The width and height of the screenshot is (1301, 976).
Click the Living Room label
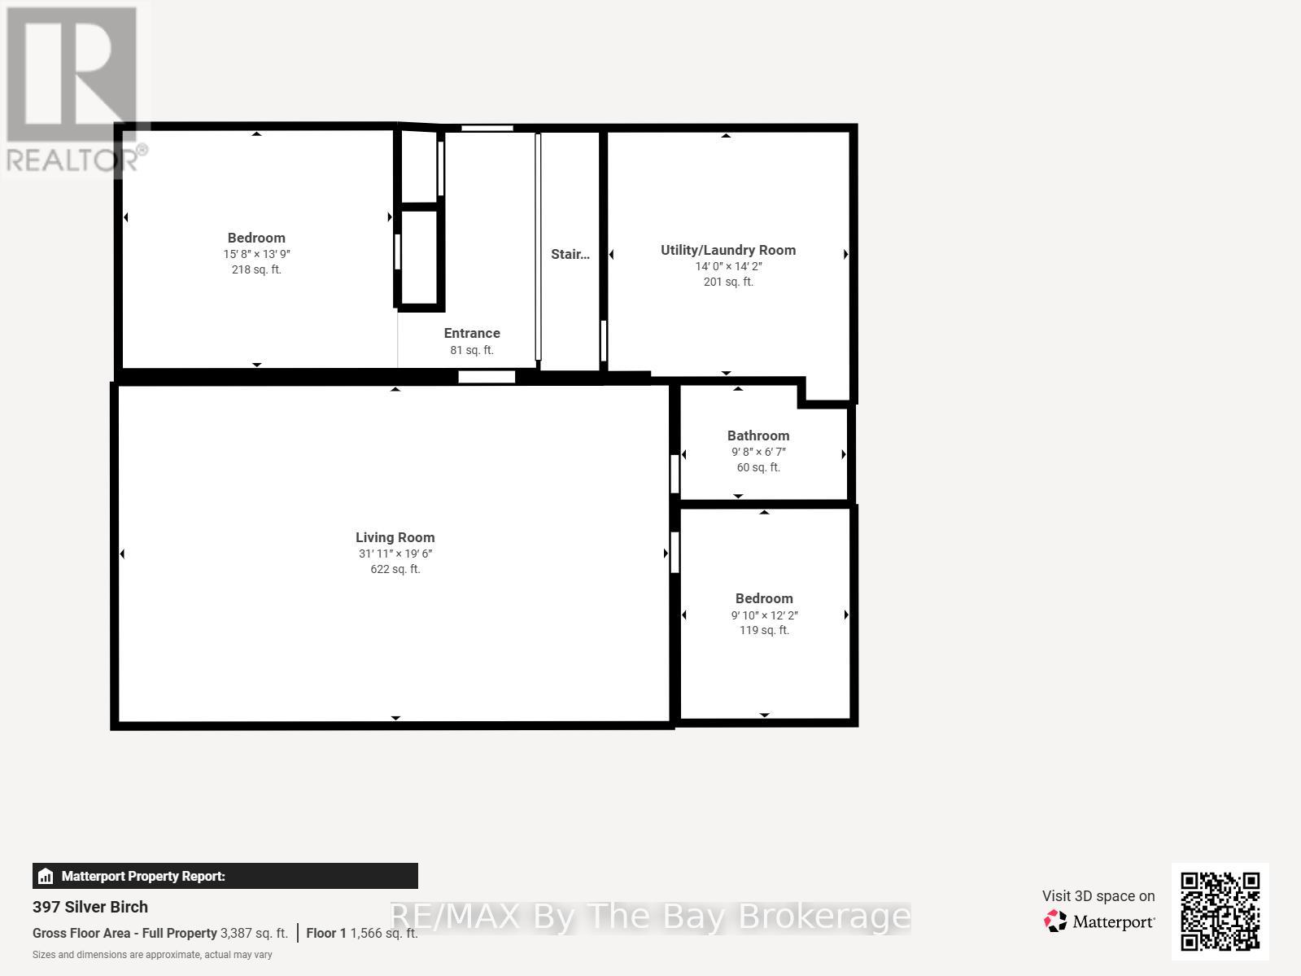(x=395, y=537)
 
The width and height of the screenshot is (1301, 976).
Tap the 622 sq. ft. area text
(x=395, y=569)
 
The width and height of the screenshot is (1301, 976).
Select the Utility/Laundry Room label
(x=727, y=250)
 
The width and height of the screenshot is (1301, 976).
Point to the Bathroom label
(x=757, y=435)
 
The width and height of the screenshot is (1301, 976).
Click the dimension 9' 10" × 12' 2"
(x=764, y=615)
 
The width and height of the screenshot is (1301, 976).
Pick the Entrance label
(x=472, y=333)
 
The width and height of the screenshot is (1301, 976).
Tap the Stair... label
(x=570, y=254)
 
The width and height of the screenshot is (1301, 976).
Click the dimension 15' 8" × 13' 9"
(x=256, y=254)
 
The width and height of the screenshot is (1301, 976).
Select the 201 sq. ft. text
(x=727, y=282)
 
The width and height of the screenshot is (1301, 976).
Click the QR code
(x=1220, y=911)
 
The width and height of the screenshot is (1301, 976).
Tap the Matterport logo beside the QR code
(x=1099, y=921)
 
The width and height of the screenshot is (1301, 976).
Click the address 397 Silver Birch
(x=90, y=907)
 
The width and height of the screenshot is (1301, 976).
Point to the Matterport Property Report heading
(x=143, y=876)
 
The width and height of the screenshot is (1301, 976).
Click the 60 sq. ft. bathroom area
(x=757, y=467)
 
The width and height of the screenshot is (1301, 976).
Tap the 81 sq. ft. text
(x=472, y=350)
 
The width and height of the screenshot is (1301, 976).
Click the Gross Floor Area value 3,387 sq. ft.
(x=254, y=933)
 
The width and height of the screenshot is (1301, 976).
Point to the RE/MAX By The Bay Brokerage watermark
(x=649, y=917)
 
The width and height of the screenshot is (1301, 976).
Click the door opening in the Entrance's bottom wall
(x=487, y=376)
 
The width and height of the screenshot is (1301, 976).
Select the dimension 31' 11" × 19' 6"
(x=395, y=554)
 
